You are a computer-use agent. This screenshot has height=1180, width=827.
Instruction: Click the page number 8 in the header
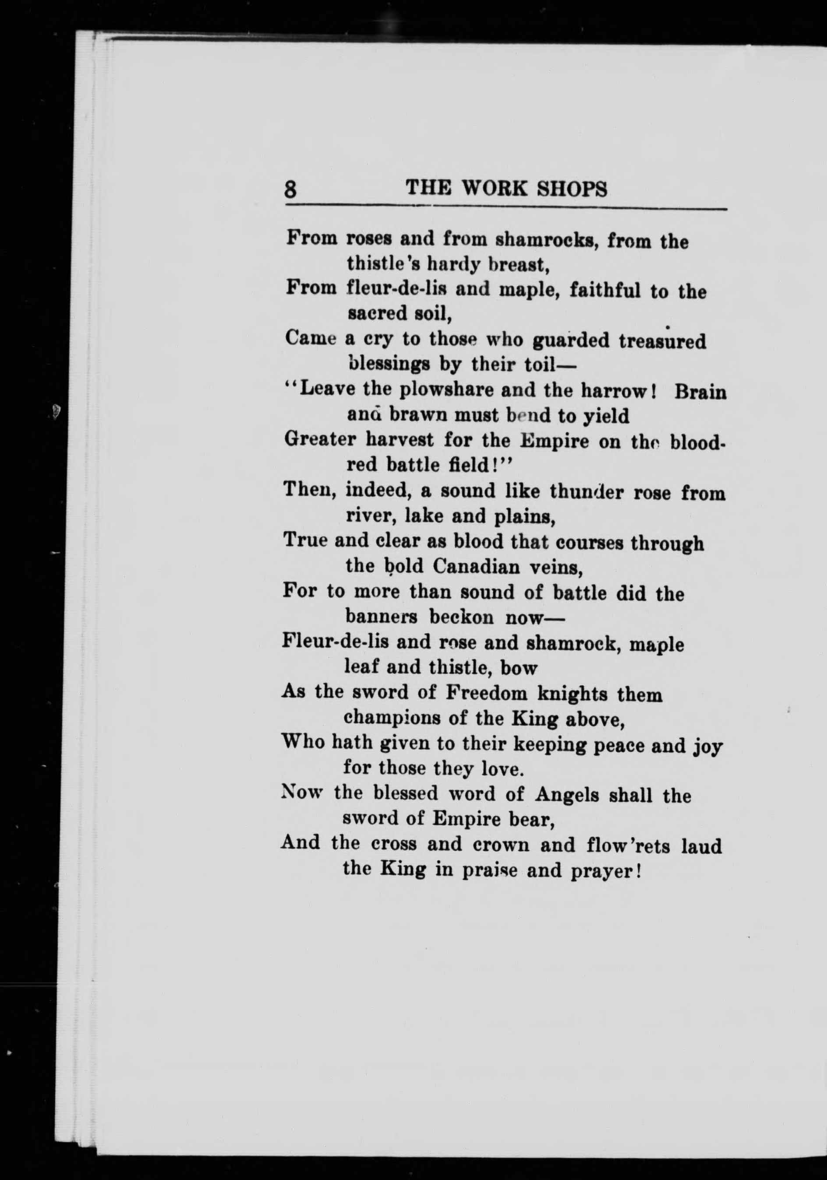tap(291, 190)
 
